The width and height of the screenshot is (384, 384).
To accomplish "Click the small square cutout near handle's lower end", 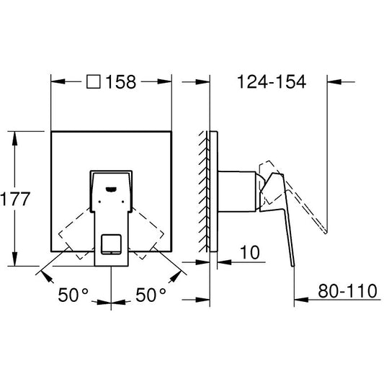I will [x=111, y=244].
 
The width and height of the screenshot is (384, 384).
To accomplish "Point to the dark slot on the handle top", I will [x=111, y=189].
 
